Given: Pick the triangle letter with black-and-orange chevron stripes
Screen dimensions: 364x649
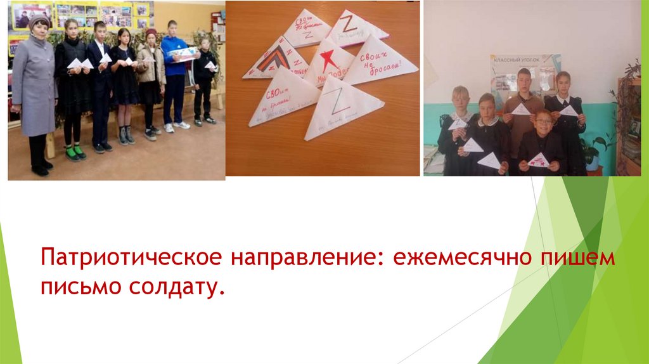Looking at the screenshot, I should tap(274, 63).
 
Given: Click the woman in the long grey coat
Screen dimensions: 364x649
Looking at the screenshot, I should tap(35, 89).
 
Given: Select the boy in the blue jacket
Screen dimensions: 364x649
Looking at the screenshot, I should tap(174, 70).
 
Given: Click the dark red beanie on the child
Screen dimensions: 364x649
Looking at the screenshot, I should tap(151, 32).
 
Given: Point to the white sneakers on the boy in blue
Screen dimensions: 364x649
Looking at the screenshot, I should tap(176, 127).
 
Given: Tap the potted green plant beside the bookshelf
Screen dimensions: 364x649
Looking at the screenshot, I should tap(593, 152).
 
